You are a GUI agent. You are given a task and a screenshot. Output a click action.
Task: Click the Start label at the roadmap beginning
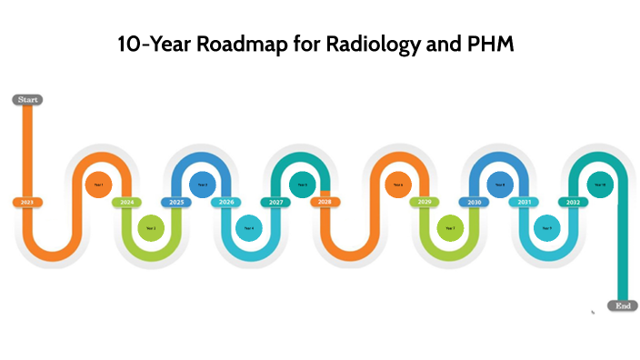coord(27,99)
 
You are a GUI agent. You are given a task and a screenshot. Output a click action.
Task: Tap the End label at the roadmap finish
coord(622,306)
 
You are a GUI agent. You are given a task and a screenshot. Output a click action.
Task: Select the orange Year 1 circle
coord(99,185)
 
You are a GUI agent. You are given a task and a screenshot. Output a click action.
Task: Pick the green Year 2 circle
coord(151,227)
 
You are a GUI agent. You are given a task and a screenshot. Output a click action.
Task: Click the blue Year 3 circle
coord(203,185)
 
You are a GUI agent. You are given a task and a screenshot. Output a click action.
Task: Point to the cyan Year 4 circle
coord(249,227)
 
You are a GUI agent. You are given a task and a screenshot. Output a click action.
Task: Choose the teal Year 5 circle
coord(302,185)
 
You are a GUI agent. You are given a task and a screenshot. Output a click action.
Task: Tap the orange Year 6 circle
coord(398,185)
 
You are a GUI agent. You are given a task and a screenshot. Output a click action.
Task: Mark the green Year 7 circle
coord(449,227)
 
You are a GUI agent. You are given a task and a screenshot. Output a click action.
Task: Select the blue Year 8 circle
coord(499,185)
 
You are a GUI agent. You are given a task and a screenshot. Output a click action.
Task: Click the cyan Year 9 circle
coord(546,227)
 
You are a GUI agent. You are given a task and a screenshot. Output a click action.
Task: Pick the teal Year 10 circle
coord(599,185)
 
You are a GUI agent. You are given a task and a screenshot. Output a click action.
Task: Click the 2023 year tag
coord(27,202)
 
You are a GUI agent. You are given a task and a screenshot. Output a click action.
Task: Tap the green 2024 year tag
coord(127,202)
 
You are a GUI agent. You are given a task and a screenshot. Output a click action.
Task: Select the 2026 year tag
coord(226,202)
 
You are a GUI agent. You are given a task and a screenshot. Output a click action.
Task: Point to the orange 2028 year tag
coord(325,202)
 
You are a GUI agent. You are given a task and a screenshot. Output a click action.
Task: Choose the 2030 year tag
coord(472,202)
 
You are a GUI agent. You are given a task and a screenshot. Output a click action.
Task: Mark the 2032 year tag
coord(573,202)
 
